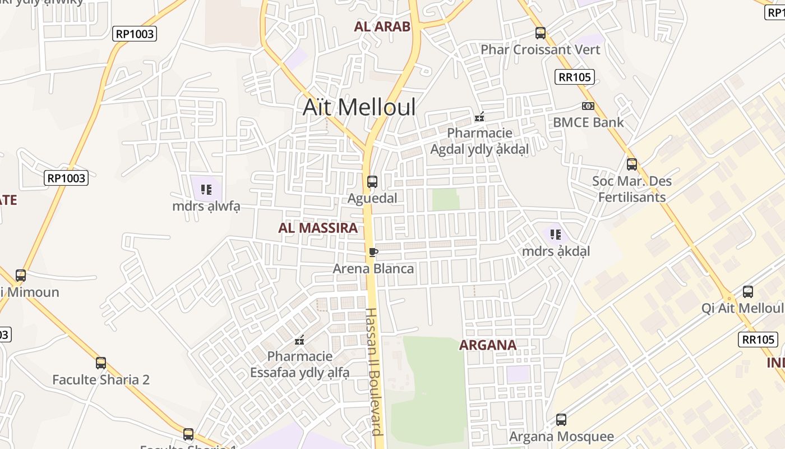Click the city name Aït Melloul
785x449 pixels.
(x=359, y=107)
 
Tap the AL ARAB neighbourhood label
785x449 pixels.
(x=382, y=26)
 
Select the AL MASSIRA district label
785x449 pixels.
(x=318, y=228)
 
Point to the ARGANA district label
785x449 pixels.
(x=488, y=345)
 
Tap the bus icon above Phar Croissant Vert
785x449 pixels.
(x=541, y=33)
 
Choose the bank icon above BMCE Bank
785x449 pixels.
(x=588, y=106)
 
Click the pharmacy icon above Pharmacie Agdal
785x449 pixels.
(x=479, y=117)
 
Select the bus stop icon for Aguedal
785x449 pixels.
(x=372, y=182)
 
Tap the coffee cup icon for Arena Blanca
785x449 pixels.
(x=373, y=252)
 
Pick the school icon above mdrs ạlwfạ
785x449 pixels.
(x=206, y=190)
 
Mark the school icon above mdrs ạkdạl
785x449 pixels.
(x=556, y=235)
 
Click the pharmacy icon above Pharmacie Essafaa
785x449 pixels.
(x=299, y=340)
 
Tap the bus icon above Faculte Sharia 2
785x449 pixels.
(x=101, y=363)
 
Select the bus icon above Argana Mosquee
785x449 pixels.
(x=561, y=420)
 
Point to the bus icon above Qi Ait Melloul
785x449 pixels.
(x=748, y=292)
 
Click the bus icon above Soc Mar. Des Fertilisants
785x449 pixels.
(x=632, y=164)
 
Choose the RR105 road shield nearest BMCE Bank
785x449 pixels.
(x=575, y=77)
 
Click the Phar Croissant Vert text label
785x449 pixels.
(x=541, y=49)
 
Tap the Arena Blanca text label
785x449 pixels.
(x=373, y=268)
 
